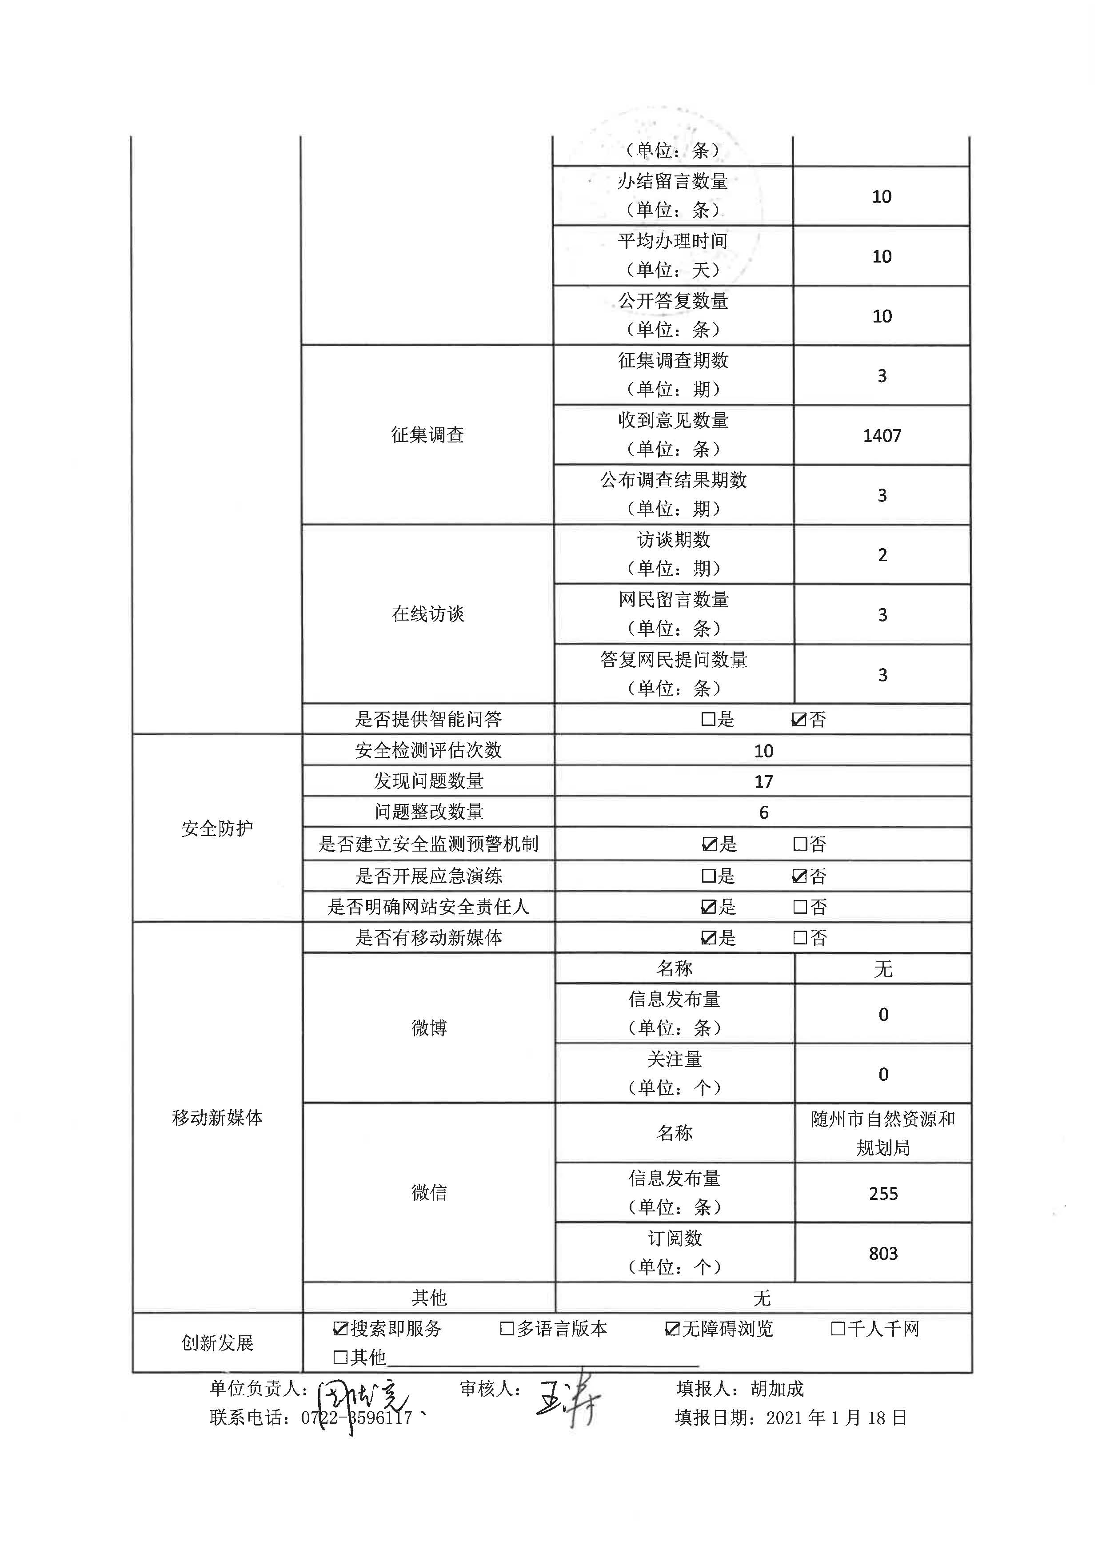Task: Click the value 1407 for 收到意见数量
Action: (882, 435)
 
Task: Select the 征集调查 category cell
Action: (427, 435)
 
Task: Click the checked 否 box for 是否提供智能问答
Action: (799, 719)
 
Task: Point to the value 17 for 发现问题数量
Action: (763, 781)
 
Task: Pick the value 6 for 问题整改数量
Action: (763, 812)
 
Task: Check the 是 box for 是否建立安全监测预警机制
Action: (709, 844)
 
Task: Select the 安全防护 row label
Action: (217, 828)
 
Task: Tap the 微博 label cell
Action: (429, 1028)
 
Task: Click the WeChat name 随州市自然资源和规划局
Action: (883, 1133)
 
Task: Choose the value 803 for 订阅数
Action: (883, 1253)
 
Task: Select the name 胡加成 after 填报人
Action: (777, 1389)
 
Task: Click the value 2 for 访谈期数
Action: (882, 555)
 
